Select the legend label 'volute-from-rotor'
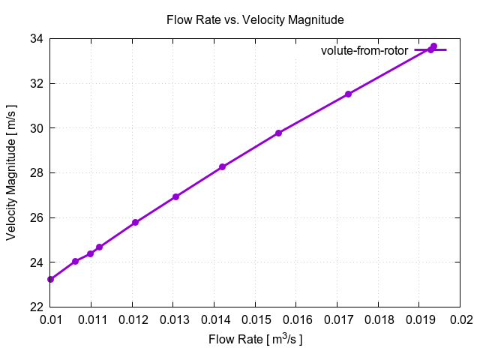(x=364, y=50)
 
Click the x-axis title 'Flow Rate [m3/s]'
(x=255, y=340)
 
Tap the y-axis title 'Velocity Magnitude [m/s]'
(x=11, y=172)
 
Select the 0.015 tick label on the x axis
(x=255, y=320)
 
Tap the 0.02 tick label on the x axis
(x=460, y=320)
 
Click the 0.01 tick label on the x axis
(x=50, y=320)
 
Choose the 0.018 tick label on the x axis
(x=378, y=320)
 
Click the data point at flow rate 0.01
(x=50, y=279)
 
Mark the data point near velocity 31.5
(x=348, y=94)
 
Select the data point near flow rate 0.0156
(x=278, y=133)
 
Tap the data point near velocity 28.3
(x=223, y=166)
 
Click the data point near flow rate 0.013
(x=175, y=196)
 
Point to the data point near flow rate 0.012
(x=135, y=222)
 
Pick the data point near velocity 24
(x=75, y=261)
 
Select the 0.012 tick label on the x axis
(x=132, y=320)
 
